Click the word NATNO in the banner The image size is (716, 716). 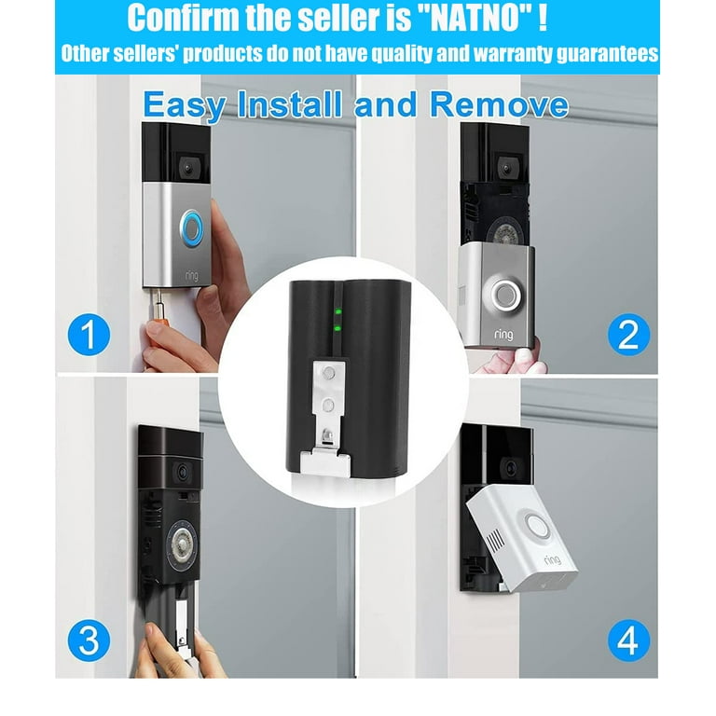coord(475,18)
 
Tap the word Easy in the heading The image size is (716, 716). coord(184,105)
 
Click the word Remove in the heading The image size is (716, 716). coord(499,104)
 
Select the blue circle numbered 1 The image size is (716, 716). coord(89,335)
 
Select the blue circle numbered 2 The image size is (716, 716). coord(628,335)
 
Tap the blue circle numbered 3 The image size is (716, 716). coord(89,640)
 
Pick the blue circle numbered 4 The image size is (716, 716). coord(628,640)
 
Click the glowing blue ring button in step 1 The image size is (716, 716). coord(191,227)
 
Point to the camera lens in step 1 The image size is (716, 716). coord(187,168)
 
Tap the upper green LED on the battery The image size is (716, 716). coord(337,312)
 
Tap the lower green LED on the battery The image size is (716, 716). coord(337,328)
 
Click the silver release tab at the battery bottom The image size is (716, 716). coord(325,462)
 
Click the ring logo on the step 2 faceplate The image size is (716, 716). coord(503,335)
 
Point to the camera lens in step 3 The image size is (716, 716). coord(183,472)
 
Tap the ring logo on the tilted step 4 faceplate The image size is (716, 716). coord(552,559)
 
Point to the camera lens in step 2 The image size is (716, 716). coord(506,168)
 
